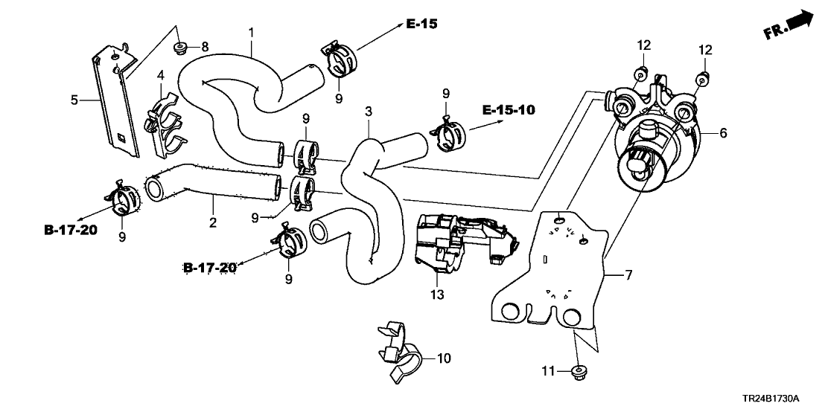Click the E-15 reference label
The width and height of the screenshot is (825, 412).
(421, 25)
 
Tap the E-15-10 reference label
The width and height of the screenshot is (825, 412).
(509, 110)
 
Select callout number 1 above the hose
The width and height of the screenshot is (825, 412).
(251, 33)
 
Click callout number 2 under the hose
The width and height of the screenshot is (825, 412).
(213, 222)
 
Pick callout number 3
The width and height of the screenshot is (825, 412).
(368, 112)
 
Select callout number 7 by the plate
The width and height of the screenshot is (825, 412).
(628, 277)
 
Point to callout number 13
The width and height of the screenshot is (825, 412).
(436, 294)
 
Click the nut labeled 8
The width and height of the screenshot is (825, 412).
(179, 48)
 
